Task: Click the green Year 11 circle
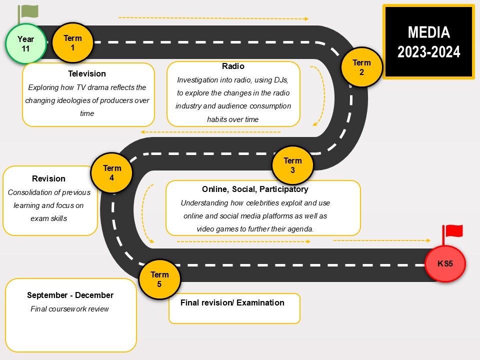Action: tap(25, 44)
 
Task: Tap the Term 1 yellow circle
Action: tap(72, 43)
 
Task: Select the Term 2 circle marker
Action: tap(361, 67)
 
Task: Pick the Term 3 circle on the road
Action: tap(292, 165)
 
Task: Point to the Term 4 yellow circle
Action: tap(111, 172)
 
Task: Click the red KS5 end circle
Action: tap(445, 263)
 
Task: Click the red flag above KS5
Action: tap(453, 231)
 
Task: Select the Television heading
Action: tap(87, 73)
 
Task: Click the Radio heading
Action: tap(233, 66)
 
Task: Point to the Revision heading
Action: tap(48, 178)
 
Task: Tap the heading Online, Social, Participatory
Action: tap(255, 189)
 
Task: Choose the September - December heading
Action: tap(70, 295)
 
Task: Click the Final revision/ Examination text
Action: tap(232, 302)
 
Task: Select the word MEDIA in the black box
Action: tap(428, 32)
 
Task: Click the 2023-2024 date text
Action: tap(428, 52)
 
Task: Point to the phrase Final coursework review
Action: tap(69, 309)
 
